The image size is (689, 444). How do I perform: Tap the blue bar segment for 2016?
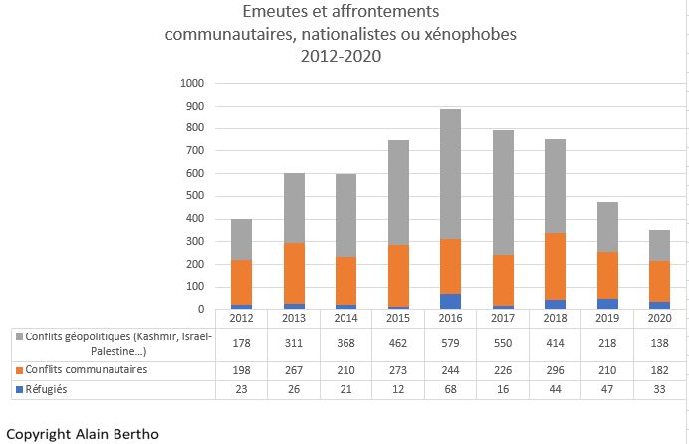coord(450,301)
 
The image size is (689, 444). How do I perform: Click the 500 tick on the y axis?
coord(193,196)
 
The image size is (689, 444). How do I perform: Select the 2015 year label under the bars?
coord(398,318)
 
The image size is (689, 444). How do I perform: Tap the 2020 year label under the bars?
coord(659,318)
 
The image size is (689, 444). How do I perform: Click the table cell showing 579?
coord(450,343)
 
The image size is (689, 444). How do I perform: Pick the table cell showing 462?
coord(398,343)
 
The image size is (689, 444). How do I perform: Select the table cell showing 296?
coord(556,370)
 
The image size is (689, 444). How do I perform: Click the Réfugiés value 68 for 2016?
coord(450,390)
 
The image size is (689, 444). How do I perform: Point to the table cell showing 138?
coord(659,343)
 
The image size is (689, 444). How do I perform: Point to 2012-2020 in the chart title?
coord(341,57)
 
